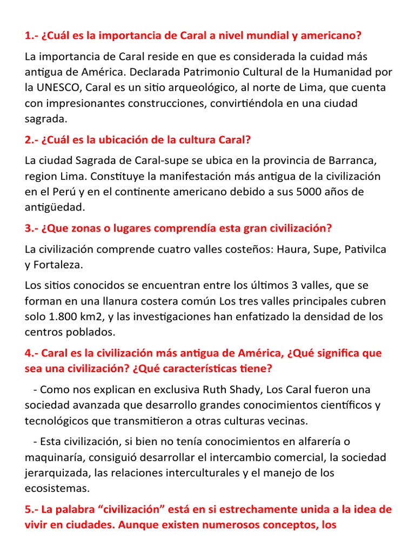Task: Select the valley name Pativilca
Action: pos(366,249)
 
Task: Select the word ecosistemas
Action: pos(57,489)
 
